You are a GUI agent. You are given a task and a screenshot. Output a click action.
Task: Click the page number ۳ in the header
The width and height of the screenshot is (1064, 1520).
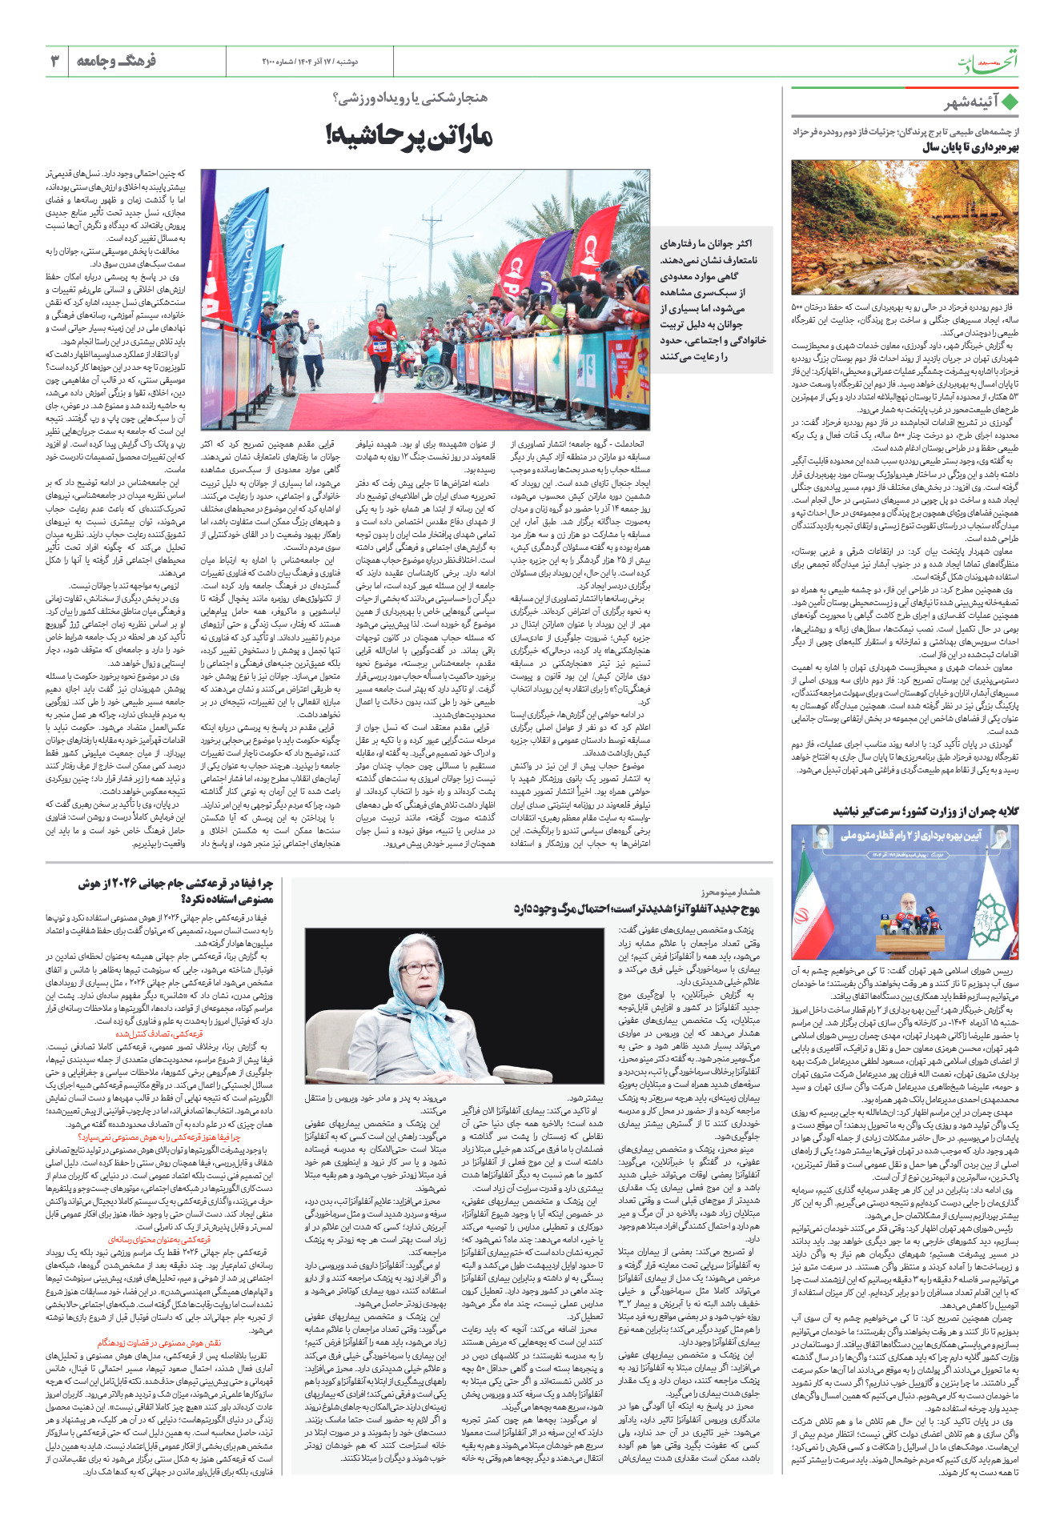pyautogui.click(x=55, y=61)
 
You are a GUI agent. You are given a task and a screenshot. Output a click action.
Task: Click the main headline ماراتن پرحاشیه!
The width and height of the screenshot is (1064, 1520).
pyautogui.click(x=408, y=135)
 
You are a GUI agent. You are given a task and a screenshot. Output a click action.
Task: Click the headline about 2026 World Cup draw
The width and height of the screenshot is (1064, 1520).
pyautogui.click(x=175, y=891)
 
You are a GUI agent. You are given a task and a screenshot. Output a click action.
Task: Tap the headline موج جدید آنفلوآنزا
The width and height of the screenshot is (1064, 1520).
pyautogui.click(x=636, y=908)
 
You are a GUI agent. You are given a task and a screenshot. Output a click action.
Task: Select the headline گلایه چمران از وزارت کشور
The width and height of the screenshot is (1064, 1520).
pyautogui.click(x=925, y=812)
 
